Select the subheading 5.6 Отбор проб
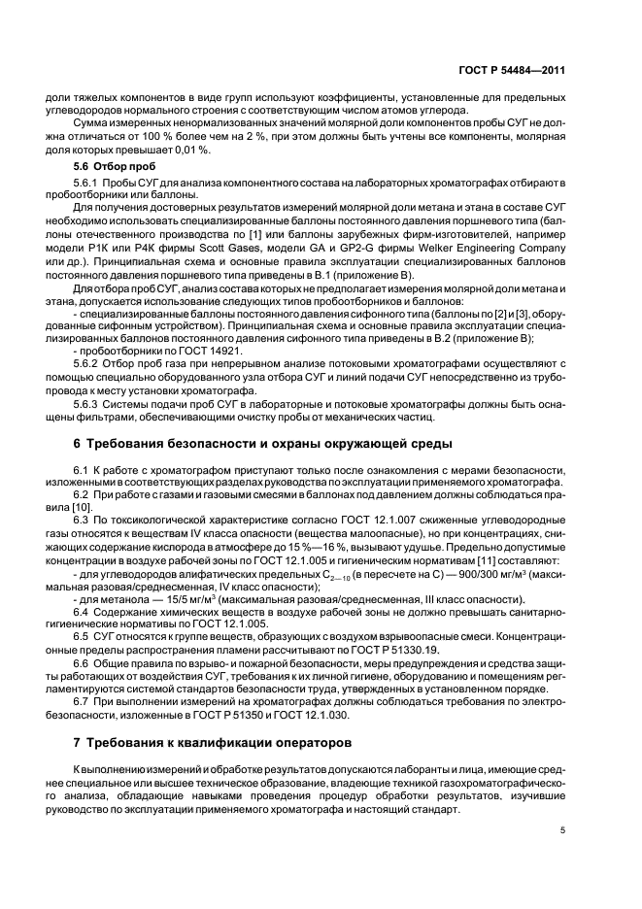105,166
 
